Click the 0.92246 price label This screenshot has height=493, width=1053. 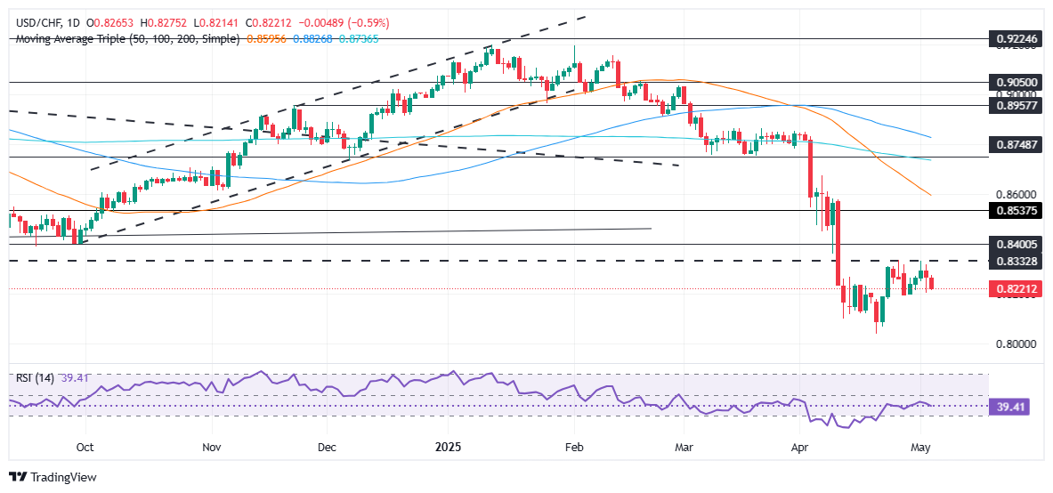(1015, 39)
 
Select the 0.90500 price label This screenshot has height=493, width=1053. (1015, 82)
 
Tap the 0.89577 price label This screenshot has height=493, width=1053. (1015, 105)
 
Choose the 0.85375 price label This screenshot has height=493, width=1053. (1015, 211)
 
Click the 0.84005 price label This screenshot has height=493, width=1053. (1015, 244)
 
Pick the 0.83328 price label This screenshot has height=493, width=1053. (1015, 261)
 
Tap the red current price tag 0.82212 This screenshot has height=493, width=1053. (1015, 289)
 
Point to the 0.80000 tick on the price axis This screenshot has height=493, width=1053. (1015, 343)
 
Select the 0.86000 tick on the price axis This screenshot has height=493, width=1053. (1015, 194)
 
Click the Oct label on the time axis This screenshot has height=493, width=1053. (85, 448)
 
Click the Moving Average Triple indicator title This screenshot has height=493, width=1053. (127, 39)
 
